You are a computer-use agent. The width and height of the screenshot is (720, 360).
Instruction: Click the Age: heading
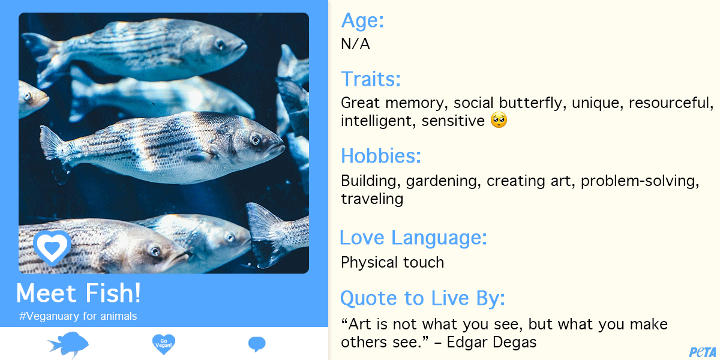coord(362,21)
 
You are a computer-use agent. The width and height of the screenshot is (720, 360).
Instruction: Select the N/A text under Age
coord(355,44)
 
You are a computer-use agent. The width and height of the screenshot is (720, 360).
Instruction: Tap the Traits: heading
coord(371,79)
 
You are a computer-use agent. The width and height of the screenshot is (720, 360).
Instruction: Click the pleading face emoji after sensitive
coord(499,120)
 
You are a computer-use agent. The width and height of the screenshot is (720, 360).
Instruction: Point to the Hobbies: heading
coord(381,156)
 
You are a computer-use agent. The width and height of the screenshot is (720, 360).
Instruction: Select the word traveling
coord(372,199)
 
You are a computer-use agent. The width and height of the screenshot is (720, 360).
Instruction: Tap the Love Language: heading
coord(413,238)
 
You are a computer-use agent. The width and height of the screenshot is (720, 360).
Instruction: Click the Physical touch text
coord(392,263)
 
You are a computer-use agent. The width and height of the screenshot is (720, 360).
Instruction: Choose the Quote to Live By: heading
coord(422,298)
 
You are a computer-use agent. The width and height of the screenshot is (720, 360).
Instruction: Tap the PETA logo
coord(703,352)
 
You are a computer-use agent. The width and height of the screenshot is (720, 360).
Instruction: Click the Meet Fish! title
coord(79,293)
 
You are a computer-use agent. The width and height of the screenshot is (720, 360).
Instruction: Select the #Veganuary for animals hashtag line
coord(78,316)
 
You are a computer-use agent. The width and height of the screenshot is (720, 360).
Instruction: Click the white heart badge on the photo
coord(52,247)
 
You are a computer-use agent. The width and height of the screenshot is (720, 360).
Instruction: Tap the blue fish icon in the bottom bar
coord(69,344)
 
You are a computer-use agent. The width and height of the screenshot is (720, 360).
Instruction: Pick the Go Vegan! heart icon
coord(164,344)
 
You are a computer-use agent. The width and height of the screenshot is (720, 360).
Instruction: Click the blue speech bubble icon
coord(257,344)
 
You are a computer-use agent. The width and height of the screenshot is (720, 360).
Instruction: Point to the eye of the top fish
coord(220,44)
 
